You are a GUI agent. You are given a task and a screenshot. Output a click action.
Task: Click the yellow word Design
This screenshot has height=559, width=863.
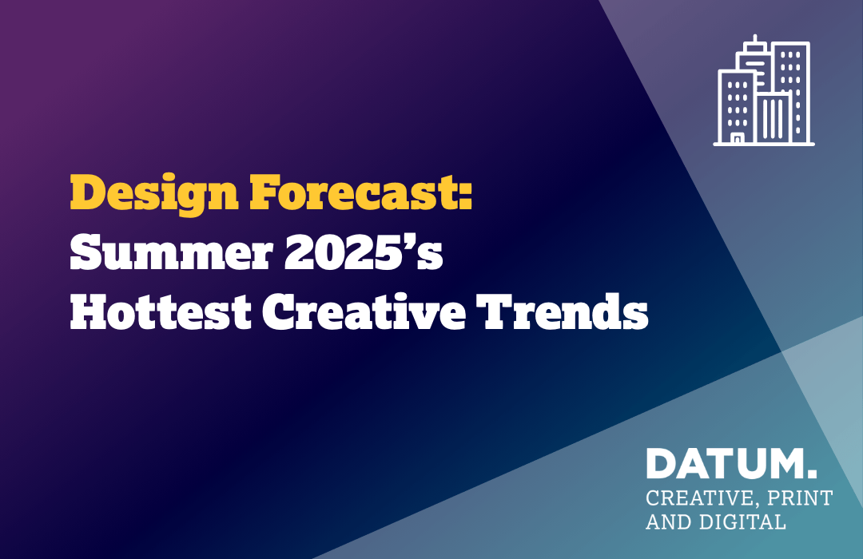(x=154, y=194)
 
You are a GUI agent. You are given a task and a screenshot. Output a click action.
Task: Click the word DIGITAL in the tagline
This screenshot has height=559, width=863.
(x=742, y=521)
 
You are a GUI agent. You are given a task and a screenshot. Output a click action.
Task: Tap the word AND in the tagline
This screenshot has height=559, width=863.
(x=670, y=521)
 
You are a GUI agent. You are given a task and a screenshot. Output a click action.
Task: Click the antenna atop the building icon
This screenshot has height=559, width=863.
(x=755, y=38)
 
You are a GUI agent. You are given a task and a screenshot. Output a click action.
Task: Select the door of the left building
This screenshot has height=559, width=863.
(x=737, y=137)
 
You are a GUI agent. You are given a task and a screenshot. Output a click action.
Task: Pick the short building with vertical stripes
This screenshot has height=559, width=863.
(x=774, y=117)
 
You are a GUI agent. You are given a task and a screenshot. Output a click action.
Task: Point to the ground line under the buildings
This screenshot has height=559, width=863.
(x=764, y=145)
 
